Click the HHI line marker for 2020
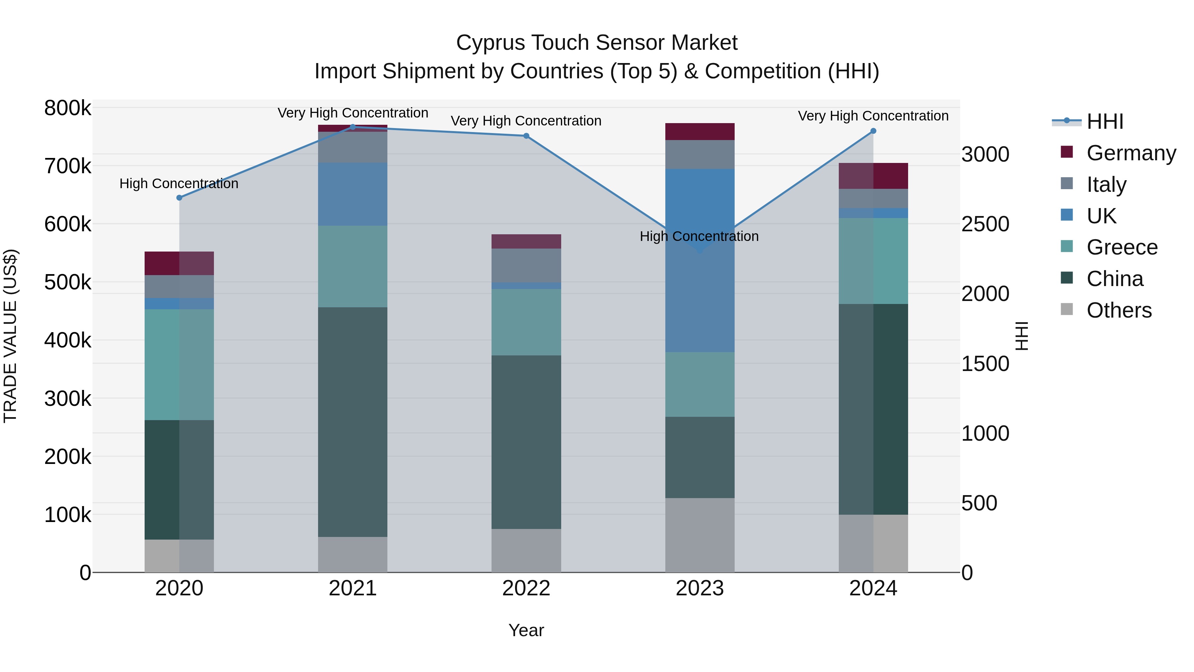pos(179,197)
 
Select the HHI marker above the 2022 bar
pos(526,136)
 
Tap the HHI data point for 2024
pos(873,131)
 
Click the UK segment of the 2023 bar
pos(700,260)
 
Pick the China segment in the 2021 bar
pos(353,422)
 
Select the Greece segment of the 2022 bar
pos(526,322)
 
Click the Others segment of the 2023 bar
pos(700,535)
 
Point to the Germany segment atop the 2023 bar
pos(700,132)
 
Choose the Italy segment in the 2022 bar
pos(526,265)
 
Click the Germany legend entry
pos(1131,153)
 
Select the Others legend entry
pos(1119,310)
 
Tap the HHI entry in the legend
pos(1105,121)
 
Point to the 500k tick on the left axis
pos(68,282)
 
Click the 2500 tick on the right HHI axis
pos(985,224)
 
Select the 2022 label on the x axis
pos(526,588)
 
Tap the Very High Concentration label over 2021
pos(353,113)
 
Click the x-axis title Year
pos(526,630)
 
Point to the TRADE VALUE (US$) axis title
pos(10,336)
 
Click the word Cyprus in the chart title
pos(491,43)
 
